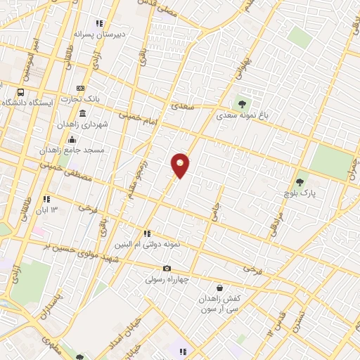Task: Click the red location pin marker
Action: (x=180, y=165)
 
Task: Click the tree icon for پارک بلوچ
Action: (x=300, y=182)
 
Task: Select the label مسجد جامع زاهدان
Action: (x=74, y=150)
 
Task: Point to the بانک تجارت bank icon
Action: (x=81, y=88)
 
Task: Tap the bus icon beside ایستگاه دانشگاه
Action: (x=20, y=92)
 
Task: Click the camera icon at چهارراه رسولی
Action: (x=167, y=268)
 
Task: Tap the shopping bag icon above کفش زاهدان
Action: (x=220, y=288)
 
